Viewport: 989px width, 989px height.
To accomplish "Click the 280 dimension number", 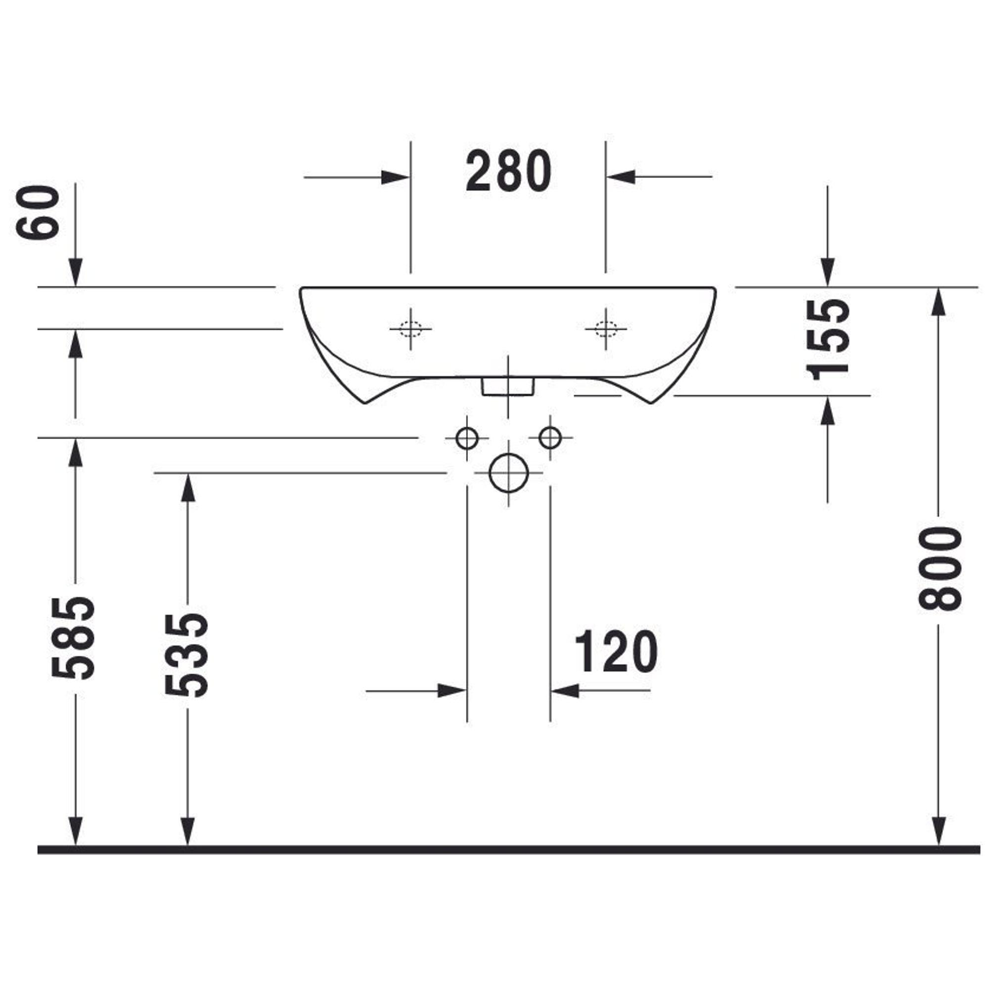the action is (508, 171).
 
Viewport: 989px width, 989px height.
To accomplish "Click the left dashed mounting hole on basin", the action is (410, 329).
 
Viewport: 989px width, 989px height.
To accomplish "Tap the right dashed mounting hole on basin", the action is (606, 329).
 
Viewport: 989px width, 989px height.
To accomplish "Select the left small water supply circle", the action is (467, 438).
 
